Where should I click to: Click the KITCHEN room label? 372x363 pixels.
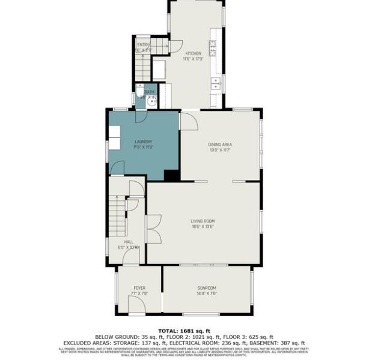point(194,53)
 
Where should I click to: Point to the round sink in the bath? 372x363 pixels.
point(150,101)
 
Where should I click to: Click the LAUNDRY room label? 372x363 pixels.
point(143,142)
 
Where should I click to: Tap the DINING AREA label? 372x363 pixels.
point(220,145)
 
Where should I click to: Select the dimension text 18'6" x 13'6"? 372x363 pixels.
point(203,227)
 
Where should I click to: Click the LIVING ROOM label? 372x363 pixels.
point(203,221)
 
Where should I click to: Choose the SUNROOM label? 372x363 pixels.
point(206,289)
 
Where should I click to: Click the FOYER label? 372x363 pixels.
point(139,289)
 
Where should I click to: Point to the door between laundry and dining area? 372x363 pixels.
point(188,121)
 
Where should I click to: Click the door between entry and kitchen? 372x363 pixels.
point(175,46)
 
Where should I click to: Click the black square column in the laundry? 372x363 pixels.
point(171,176)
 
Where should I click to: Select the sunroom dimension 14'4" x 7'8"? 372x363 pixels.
point(206,294)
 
